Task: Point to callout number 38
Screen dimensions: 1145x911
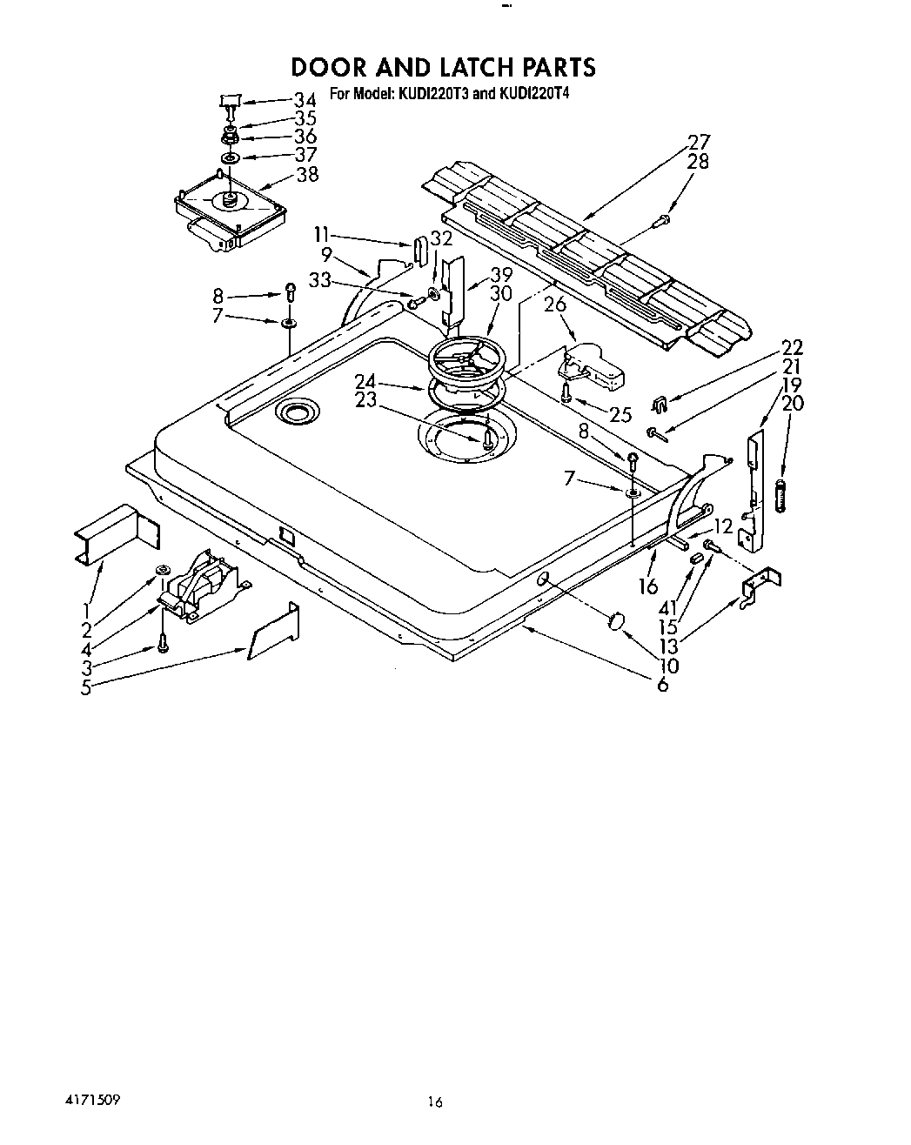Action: point(307,174)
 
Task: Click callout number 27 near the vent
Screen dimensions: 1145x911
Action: point(699,142)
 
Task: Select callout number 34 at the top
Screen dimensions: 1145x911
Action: point(305,99)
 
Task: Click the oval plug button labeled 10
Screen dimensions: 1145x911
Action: point(616,621)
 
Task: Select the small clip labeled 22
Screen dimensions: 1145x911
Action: point(660,404)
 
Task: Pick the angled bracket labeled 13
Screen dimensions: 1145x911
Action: point(760,587)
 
